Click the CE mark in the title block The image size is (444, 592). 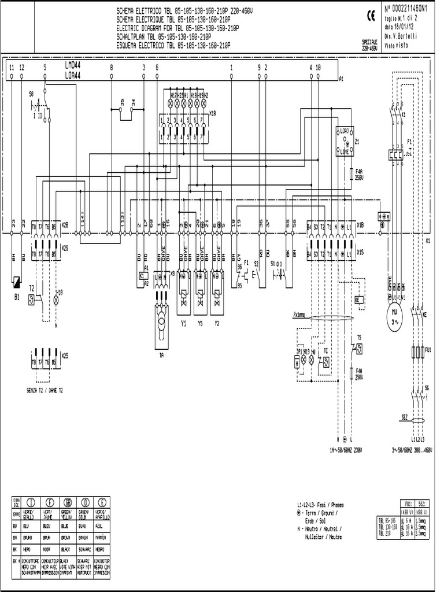click(x=371, y=17)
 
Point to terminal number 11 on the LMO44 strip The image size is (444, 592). click(x=12, y=68)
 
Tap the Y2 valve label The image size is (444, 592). click(x=217, y=323)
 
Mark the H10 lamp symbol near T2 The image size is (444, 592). click(x=57, y=300)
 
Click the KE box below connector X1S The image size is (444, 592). click(x=358, y=300)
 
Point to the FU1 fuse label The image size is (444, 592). click(x=428, y=350)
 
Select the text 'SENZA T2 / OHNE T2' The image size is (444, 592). click(x=45, y=390)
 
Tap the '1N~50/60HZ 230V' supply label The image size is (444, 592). click(x=345, y=449)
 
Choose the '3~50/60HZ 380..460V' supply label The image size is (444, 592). click(x=412, y=449)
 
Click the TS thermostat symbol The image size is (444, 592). click(x=359, y=348)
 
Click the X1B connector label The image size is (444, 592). click(x=360, y=224)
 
